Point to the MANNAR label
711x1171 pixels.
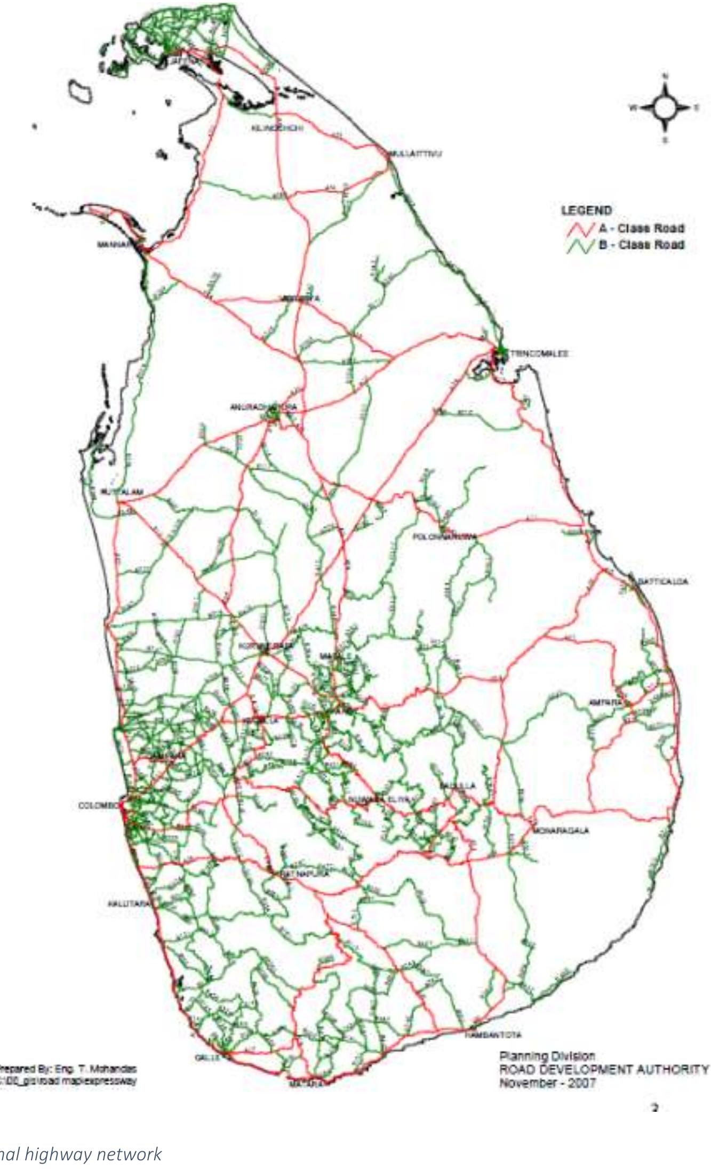(113, 245)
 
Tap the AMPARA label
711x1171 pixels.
(605, 702)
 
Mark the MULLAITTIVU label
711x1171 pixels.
(416, 154)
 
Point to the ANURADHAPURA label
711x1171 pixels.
(263, 407)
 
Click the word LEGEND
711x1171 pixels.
(586, 210)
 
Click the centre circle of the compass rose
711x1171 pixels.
(665, 108)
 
